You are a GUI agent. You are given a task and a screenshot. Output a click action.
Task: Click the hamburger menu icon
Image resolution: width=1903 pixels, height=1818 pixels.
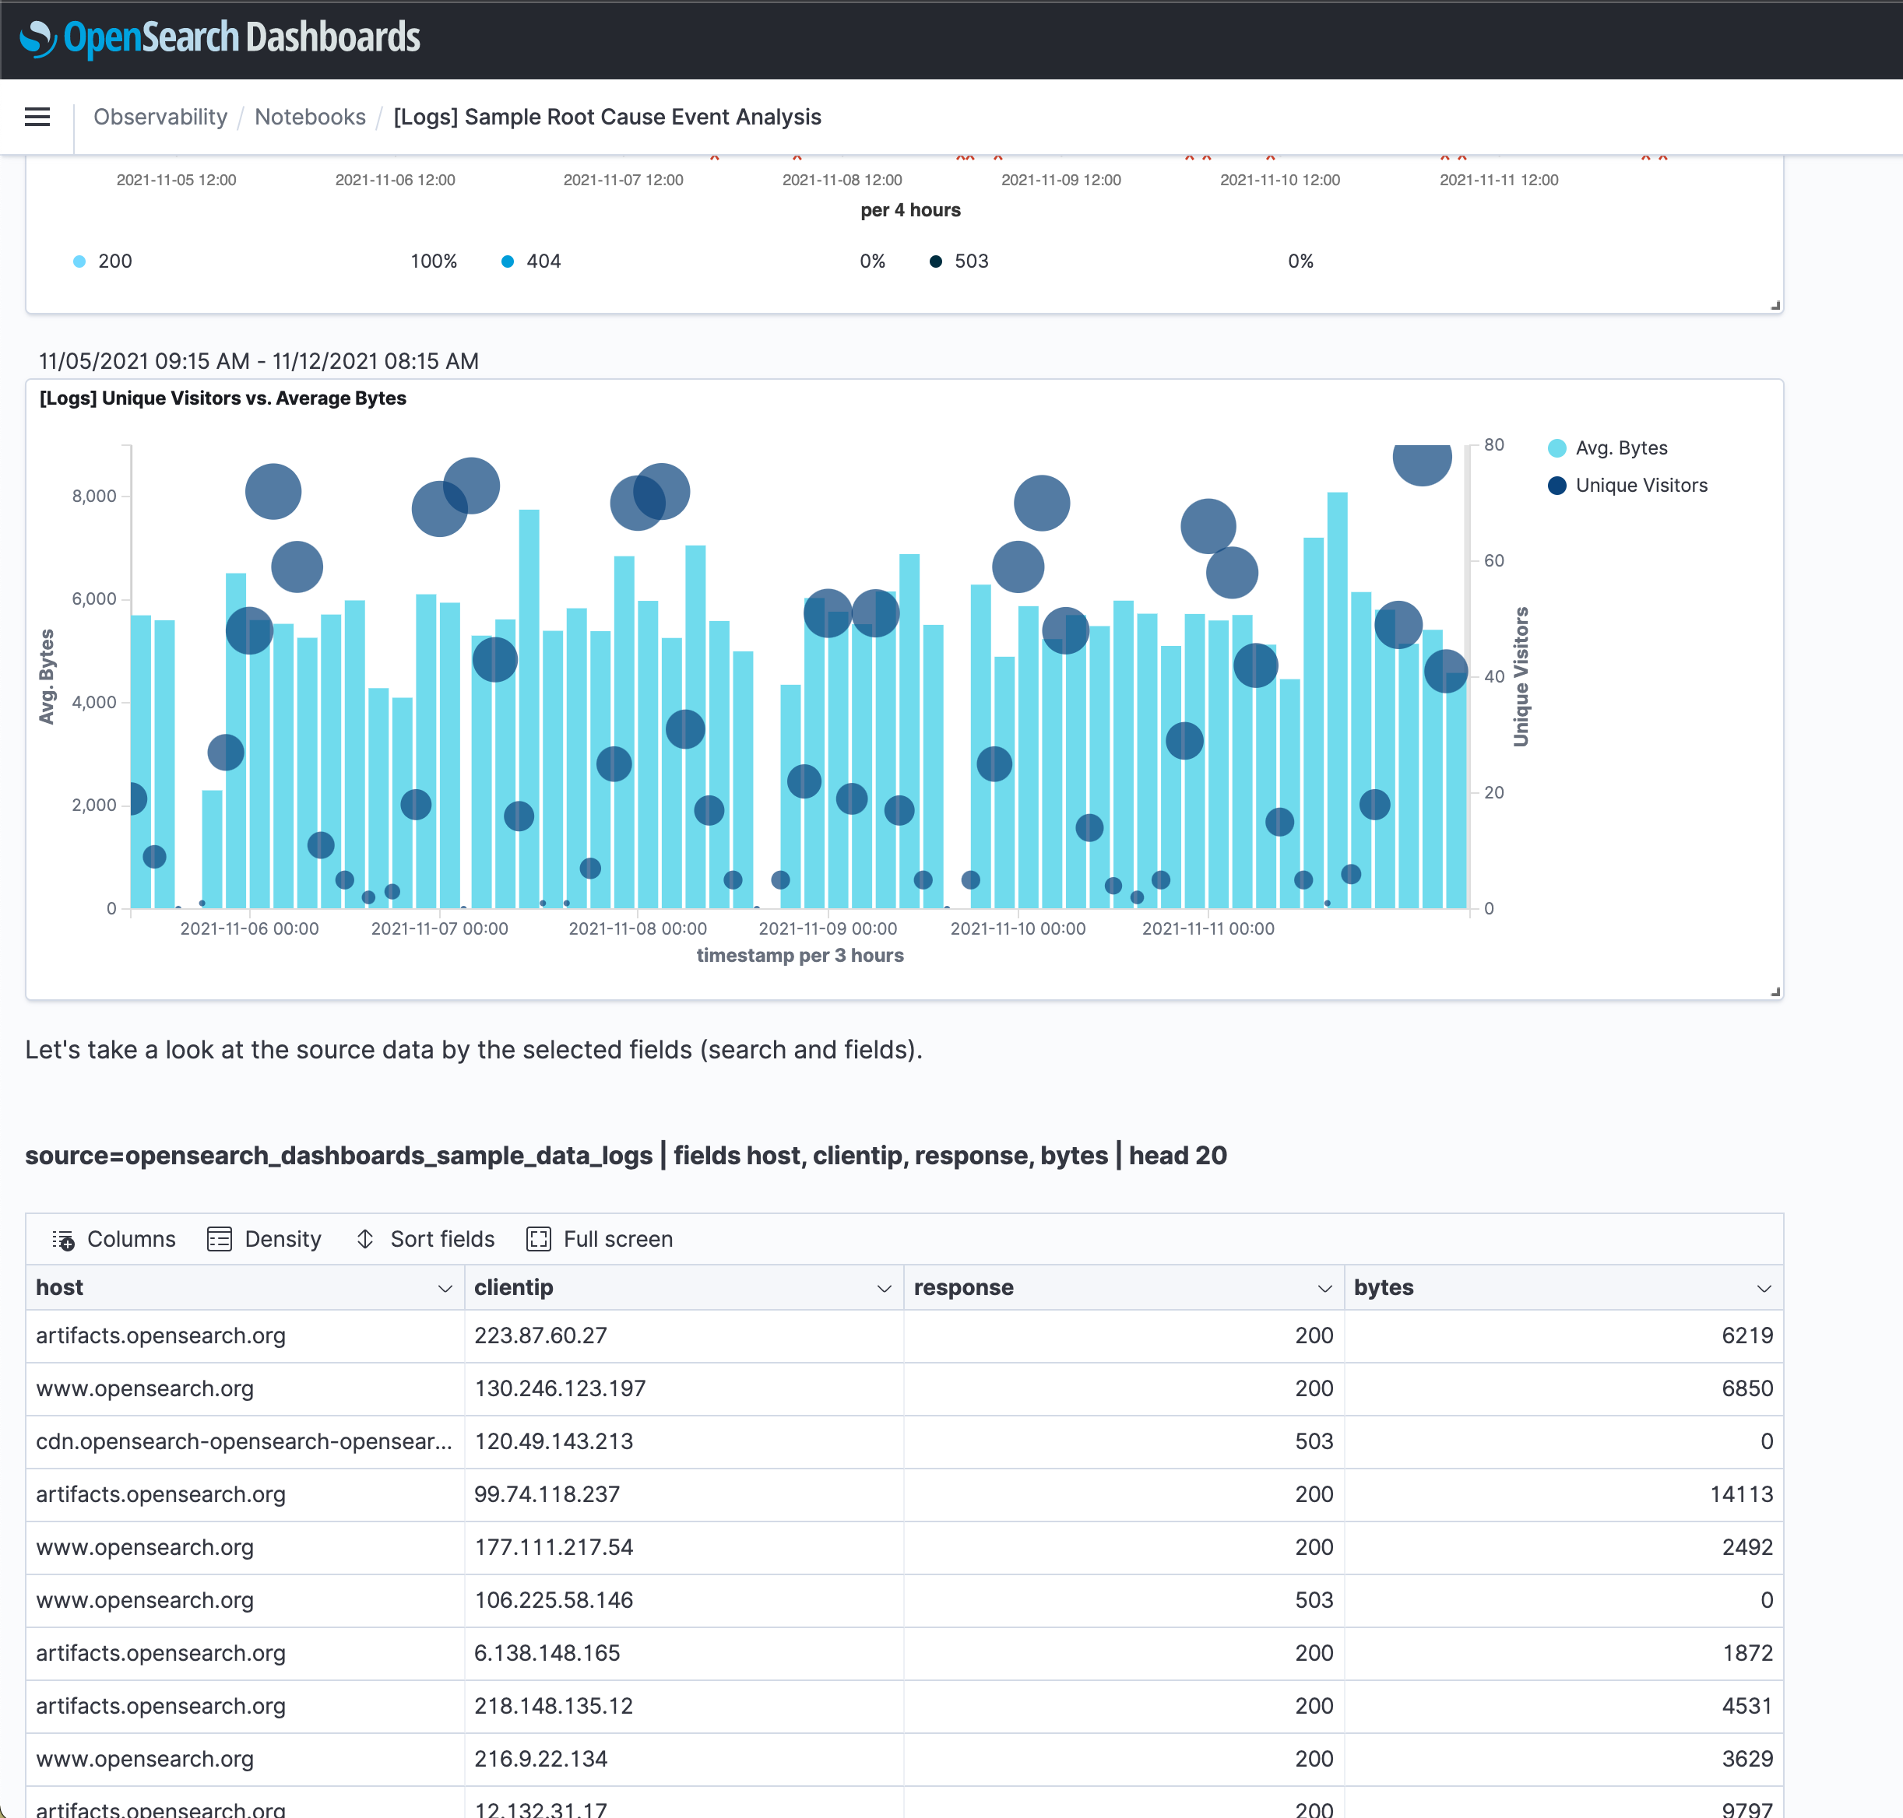[37, 118]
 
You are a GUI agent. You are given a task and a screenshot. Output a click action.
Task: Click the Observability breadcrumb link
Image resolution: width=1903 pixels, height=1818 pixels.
[160, 118]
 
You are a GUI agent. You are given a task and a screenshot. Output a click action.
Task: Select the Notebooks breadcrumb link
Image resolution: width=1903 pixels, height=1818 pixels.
[309, 118]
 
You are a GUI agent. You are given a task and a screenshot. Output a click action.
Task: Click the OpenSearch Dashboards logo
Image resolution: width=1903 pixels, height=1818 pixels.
[220, 38]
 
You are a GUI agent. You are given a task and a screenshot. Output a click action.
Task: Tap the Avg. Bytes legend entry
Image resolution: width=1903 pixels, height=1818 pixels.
[1620, 447]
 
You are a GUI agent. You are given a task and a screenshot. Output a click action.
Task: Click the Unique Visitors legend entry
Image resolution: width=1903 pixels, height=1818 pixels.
[1641, 486]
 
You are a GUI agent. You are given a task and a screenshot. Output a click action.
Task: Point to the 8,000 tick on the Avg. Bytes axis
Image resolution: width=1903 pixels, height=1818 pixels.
[94, 497]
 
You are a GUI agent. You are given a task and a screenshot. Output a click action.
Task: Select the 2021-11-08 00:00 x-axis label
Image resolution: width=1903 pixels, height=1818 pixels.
[637, 928]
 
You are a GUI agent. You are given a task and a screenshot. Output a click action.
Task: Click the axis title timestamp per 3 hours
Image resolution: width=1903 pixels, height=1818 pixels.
[800, 956]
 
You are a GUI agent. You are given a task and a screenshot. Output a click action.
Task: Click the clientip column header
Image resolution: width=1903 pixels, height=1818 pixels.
[514, 1287]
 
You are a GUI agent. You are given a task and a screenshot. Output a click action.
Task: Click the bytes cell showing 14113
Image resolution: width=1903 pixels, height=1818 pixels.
[1740, 1493]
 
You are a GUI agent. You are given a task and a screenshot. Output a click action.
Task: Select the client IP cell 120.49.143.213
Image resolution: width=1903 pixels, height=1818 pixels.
[554, 1441]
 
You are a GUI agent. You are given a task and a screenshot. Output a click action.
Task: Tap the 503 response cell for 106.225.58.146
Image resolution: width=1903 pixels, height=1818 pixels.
[1314, 1600]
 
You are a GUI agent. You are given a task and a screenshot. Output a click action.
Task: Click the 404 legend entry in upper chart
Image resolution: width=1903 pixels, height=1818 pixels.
[543, 261]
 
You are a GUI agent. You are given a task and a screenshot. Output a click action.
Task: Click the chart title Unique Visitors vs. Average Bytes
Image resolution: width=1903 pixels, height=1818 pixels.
[223, 398]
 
